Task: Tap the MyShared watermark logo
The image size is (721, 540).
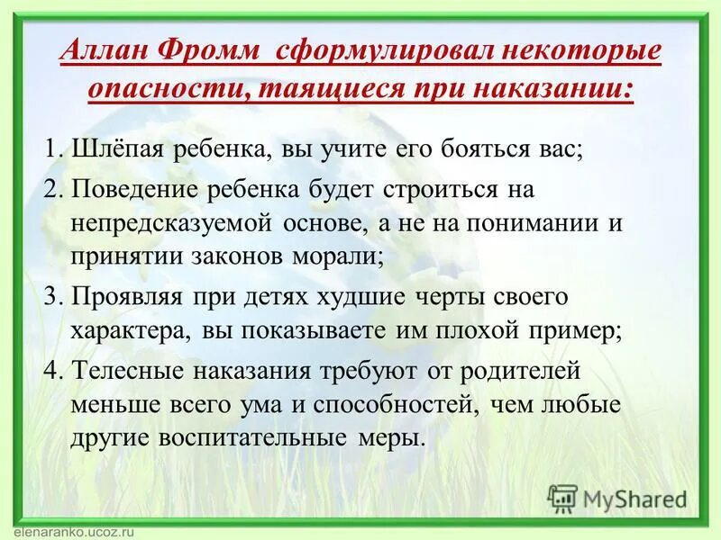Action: pyautogui.click(x=617, y=499)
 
